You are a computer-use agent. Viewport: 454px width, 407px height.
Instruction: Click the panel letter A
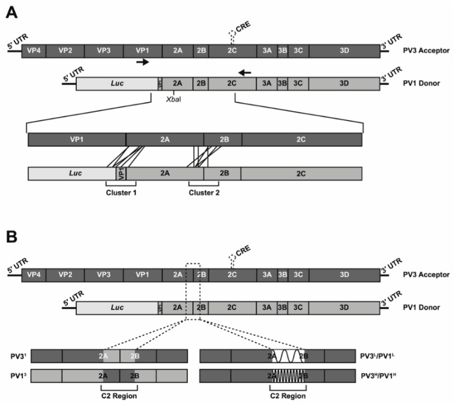[x=11, y=12]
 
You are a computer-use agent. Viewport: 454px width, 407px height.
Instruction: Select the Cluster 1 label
[x=121, y=191]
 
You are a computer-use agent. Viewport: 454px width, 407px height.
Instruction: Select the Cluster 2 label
[x=204, y=191]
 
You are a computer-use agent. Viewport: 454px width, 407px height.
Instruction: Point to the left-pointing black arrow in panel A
[x=245, y=72]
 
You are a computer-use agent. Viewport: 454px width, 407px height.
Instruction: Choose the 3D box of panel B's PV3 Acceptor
[x=344, y=275]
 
